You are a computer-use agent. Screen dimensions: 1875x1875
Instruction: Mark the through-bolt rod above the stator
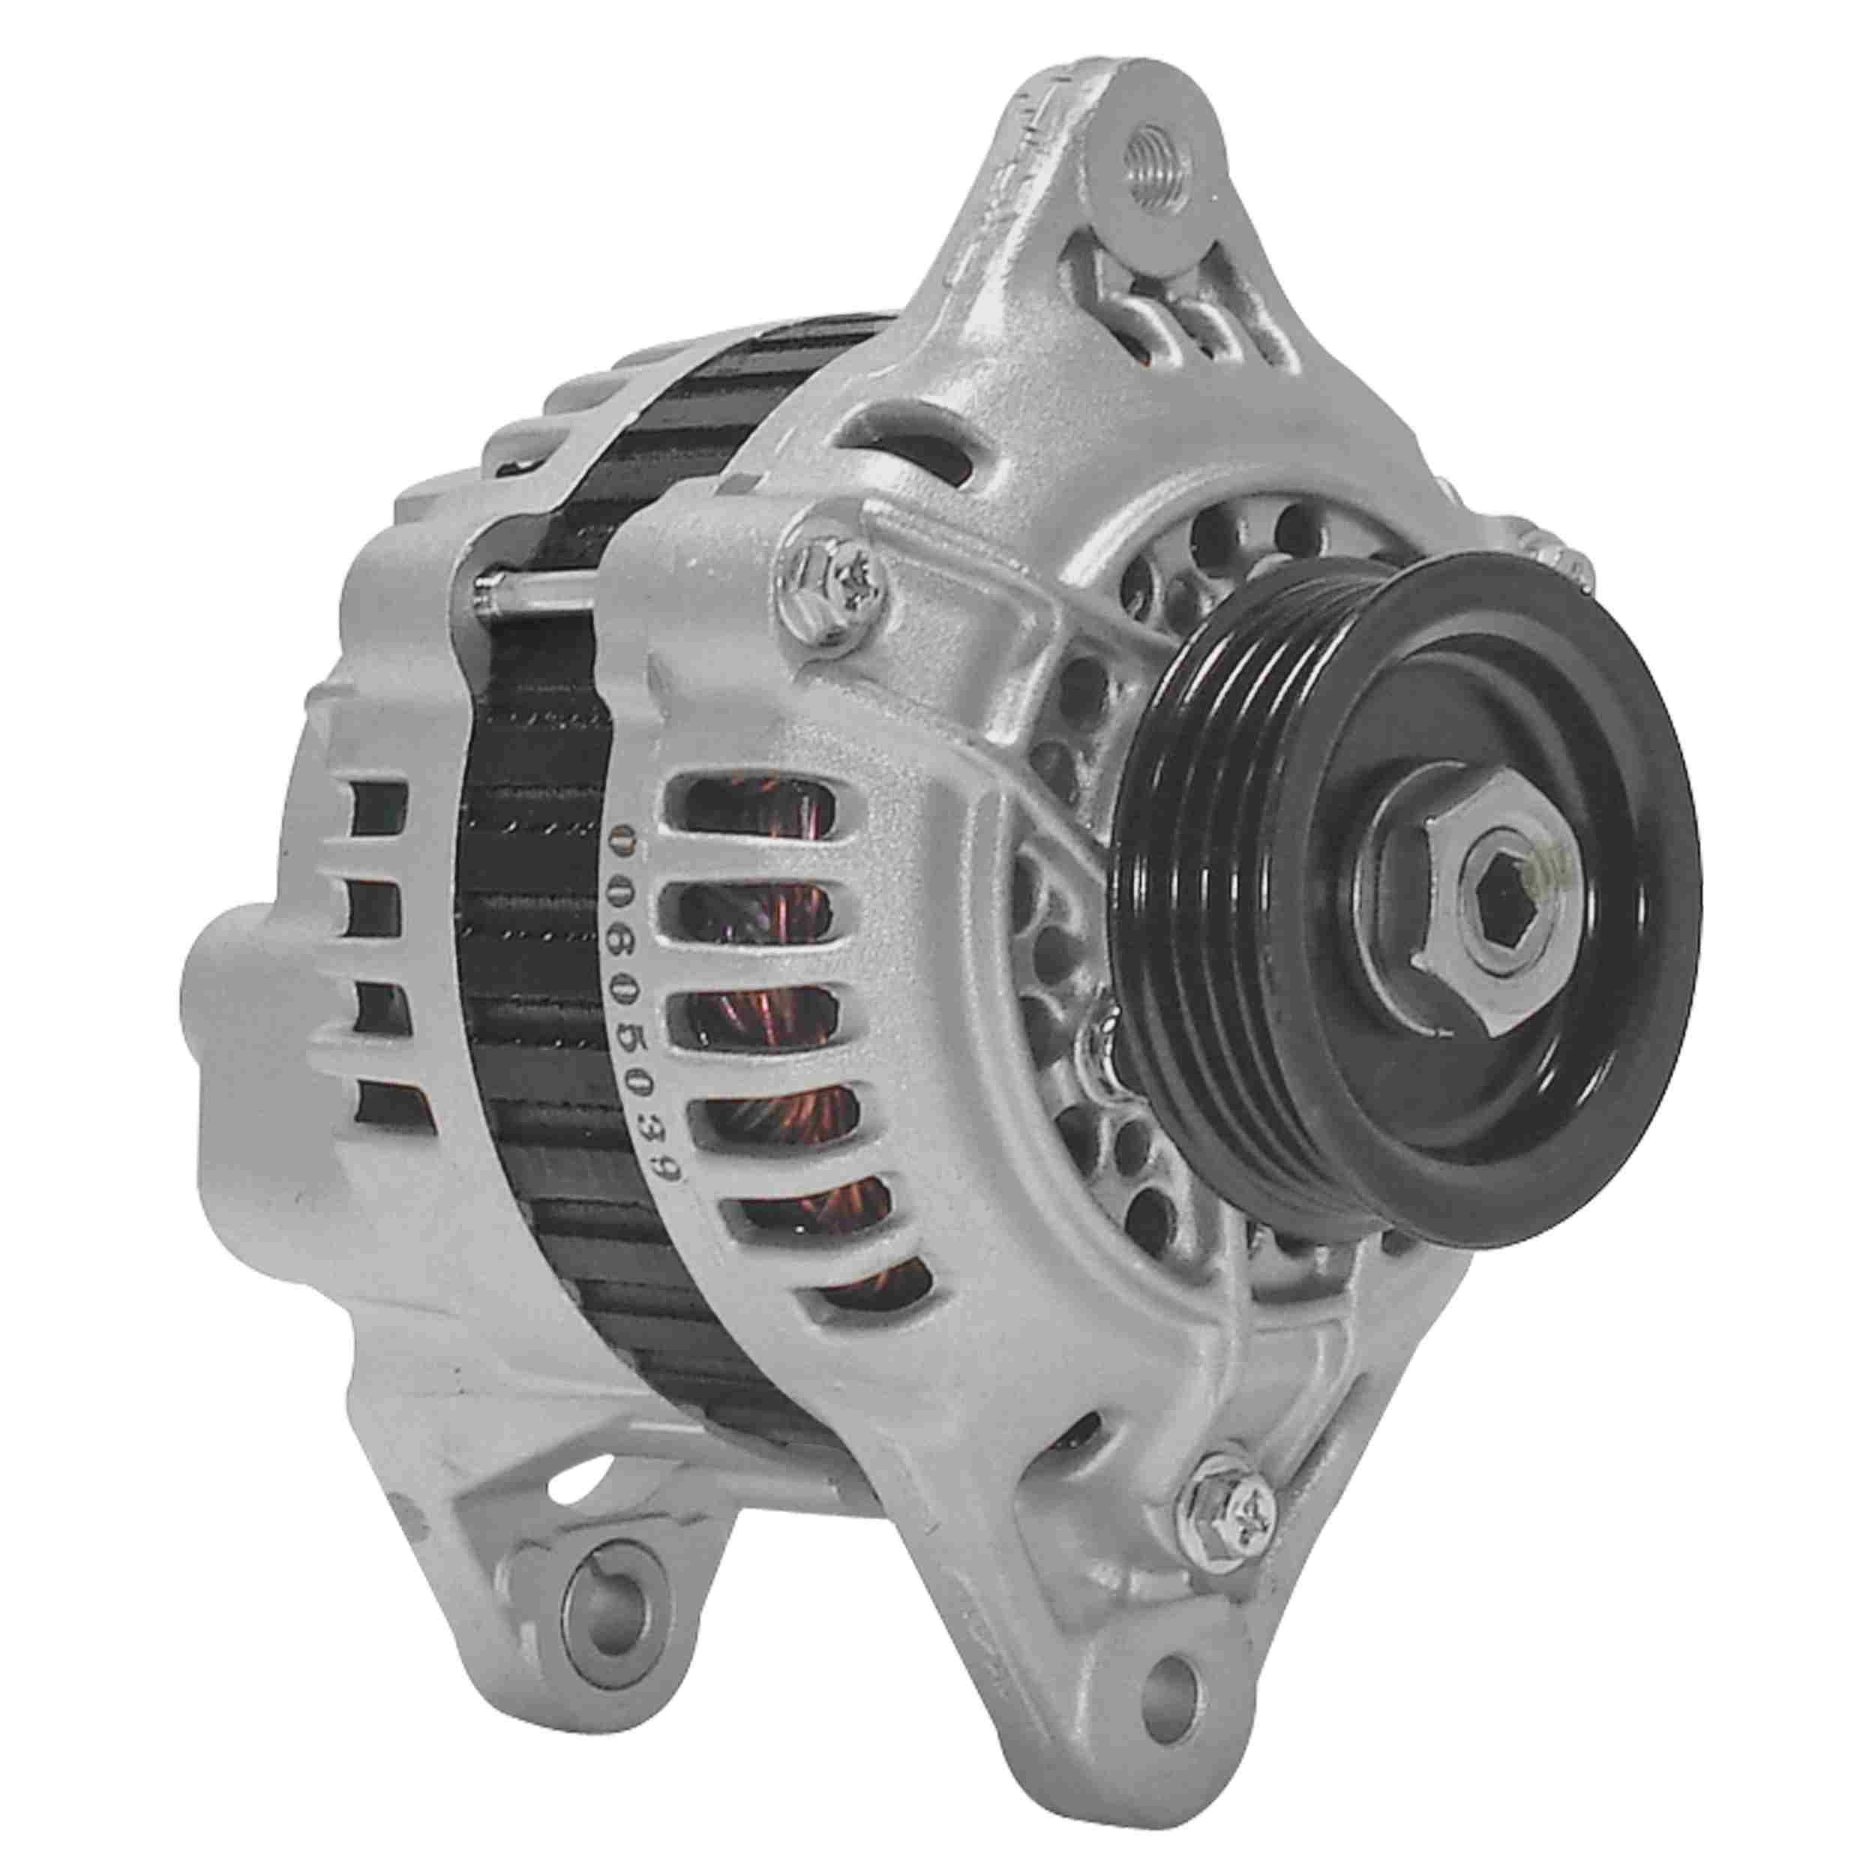(x=544, y=589)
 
